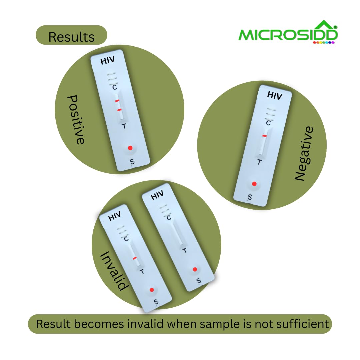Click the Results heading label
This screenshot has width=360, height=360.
coord(71,37)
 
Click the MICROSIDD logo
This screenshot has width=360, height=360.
coord(288,32)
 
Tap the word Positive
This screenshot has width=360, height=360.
coord(76,120)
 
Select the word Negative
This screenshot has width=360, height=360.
coord(304,153)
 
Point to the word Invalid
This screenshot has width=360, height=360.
coord(114,271)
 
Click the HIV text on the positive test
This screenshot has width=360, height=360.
coord(107,60)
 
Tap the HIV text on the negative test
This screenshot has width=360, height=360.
coord(275,95)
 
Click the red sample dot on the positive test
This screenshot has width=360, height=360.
coord(130,148)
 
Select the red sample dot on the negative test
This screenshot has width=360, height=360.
coord(254,184)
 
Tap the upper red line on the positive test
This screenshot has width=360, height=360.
coord(117,101)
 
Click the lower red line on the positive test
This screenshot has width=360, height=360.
coord(119,110)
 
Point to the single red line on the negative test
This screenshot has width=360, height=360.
coord(264,136)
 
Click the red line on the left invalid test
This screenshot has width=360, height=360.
coord(135,258)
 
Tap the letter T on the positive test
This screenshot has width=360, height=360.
coord(124,126)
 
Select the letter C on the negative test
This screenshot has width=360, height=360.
coord(268,123)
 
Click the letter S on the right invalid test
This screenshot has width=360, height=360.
coord(199,281)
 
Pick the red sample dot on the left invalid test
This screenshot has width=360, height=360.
coord(152,290)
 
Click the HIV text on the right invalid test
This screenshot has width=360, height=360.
coord(157,195)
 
